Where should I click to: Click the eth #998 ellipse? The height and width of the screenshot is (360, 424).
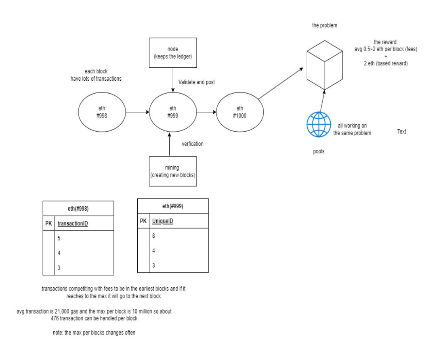pos(102,111)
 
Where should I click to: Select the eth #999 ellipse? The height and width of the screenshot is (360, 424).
pos(173,111)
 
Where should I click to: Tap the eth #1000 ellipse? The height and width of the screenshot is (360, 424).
pos(240,111)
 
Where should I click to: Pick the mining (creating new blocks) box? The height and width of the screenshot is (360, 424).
pos(173,172)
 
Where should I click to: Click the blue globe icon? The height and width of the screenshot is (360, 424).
pos(319,125)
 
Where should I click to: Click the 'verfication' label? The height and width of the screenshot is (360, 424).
pos(193,144)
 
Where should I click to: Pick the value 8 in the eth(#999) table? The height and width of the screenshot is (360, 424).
pos(153,236)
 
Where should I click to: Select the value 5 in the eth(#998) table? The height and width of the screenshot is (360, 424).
pos(59,238)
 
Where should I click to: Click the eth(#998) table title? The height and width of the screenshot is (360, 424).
pos(78,209)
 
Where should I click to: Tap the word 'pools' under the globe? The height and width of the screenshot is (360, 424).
pos(319,151)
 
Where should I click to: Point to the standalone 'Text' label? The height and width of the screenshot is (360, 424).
pos(401,132)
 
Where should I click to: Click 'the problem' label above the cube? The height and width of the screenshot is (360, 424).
pos(324,25)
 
